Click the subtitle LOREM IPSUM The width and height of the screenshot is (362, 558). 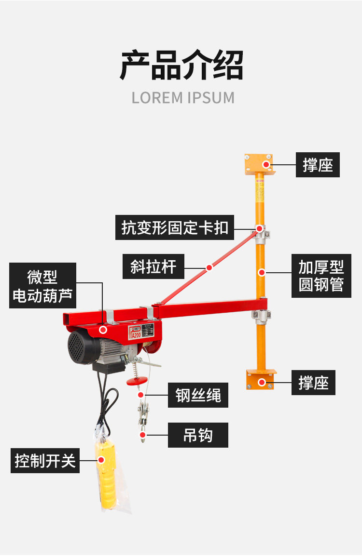click(x=183, y=97)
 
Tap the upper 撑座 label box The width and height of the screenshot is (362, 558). click(x=318, y=165)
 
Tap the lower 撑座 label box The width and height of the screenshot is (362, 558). click(x=313, y=383)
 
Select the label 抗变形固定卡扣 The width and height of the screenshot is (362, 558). click(x=174, y=227)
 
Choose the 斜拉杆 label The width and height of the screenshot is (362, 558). click(x=153, y=266)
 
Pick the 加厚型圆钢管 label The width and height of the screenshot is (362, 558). click(x=321, y=276)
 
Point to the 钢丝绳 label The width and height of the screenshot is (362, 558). click(x=198, y=395)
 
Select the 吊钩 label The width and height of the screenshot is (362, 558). click(x=198, y=436)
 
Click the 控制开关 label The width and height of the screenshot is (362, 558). click(x=45, y=461)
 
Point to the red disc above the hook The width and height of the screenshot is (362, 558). click(x=137, y=381)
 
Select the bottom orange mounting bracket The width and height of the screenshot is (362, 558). click(x=261, y=379)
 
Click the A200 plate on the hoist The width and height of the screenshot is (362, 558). click(x=137, y=334)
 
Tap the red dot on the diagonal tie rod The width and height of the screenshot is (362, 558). click(x=209, y=267)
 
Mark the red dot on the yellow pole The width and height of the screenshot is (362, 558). click(x=261, y=272)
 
